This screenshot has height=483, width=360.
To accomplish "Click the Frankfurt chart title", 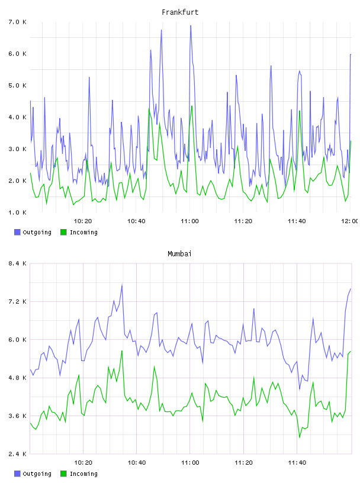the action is (x=180, y=12).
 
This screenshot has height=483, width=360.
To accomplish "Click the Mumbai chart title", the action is (x=179, y=254).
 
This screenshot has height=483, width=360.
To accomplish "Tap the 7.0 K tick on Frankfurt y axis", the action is (x=17, y=22).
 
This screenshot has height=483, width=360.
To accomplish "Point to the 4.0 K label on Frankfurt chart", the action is (x=17, y=117).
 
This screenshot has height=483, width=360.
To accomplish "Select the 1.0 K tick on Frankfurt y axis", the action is (x=17, y=212).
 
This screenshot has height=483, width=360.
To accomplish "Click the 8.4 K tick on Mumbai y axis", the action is (x=17, y=263).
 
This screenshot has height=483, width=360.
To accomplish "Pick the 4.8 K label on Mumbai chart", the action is (x=17, y=378).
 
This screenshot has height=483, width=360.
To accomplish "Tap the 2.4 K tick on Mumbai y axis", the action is (x=17, y=454).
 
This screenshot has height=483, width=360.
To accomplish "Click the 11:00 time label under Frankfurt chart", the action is (x=190, y=221).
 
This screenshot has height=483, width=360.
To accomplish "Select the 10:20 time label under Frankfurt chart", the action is (x=83, y=221).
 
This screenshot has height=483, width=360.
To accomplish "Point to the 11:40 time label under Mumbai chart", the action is (x=297, y=463).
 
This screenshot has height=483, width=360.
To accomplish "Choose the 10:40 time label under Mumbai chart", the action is (x=137, y=463).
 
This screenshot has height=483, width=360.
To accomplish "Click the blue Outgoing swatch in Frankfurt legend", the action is (x=17, y=232).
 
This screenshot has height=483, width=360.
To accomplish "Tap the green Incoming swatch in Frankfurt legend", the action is (x=63, y=232).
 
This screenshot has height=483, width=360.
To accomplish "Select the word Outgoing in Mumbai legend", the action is (x=37, y=474).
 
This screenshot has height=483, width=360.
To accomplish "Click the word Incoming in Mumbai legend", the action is (x=83, y=474).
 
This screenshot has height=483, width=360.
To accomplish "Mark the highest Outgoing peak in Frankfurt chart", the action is (x=191, y=25).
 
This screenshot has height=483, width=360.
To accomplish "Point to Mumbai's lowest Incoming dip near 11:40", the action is (x=300, y=437).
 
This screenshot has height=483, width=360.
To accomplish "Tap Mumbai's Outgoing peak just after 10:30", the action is (x=122, y=285).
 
